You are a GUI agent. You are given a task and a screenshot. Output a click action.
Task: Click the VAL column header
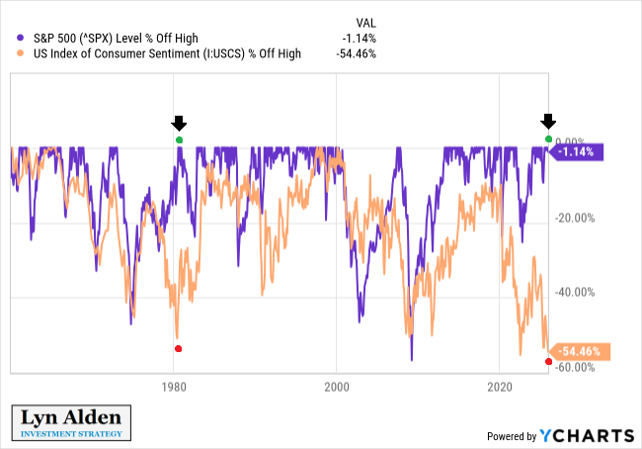[x=364, y=22]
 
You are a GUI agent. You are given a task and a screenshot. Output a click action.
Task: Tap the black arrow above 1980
[x=178, y=123]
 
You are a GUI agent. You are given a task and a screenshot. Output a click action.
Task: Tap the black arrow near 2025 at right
[x=548, y=121]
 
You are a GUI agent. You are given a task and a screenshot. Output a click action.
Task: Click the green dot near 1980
[x=179, y=140]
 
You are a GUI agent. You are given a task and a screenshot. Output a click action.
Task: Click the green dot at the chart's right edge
[x=549, y=138]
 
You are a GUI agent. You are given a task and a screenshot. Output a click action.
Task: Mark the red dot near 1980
[x=178, y=349]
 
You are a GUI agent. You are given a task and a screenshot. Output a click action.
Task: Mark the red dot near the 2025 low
[x=548, y=361]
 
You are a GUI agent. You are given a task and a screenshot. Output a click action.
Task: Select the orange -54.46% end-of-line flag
[x=578, y=351]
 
